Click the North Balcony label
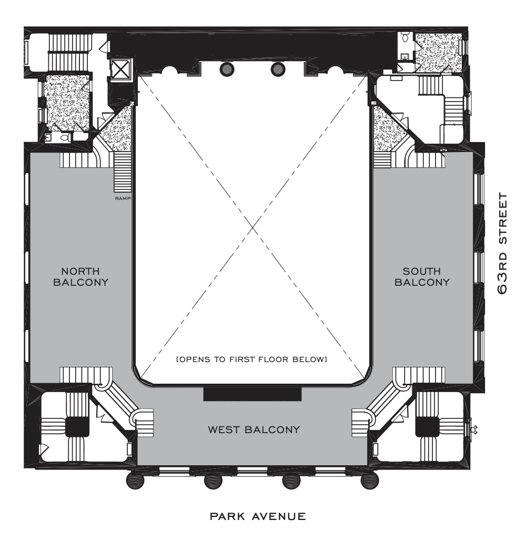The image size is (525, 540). pos(81,277)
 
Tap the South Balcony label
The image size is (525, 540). pos(422,277)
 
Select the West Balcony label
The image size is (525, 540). pos(254,430)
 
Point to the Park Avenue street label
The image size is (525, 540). pos(258,516)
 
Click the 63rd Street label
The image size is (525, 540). pos(503,244)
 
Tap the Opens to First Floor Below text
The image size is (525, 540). pos(251,359)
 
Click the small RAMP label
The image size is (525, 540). pos(123,198)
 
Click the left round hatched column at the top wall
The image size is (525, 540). pos(227,69)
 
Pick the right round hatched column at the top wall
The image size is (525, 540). pos(278,69)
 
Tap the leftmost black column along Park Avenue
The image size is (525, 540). pos(136,480)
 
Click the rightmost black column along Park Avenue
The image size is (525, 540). pos(369,480)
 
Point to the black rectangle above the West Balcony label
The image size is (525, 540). pos(253,394)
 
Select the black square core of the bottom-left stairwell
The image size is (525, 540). pos(77,427)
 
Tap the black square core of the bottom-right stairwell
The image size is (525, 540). pos(427,427)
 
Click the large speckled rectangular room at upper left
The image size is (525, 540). pos(67,101)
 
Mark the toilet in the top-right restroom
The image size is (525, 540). pos(406,37)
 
